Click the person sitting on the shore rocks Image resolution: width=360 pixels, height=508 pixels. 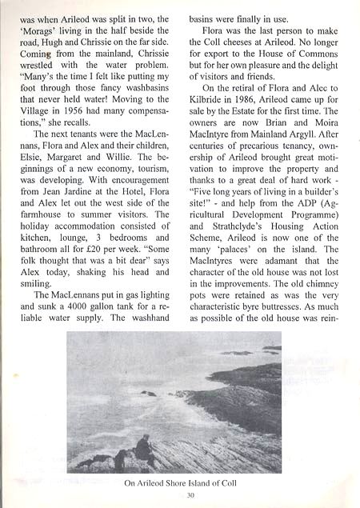point(144,449)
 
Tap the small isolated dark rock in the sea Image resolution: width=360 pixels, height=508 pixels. point(148,393)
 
